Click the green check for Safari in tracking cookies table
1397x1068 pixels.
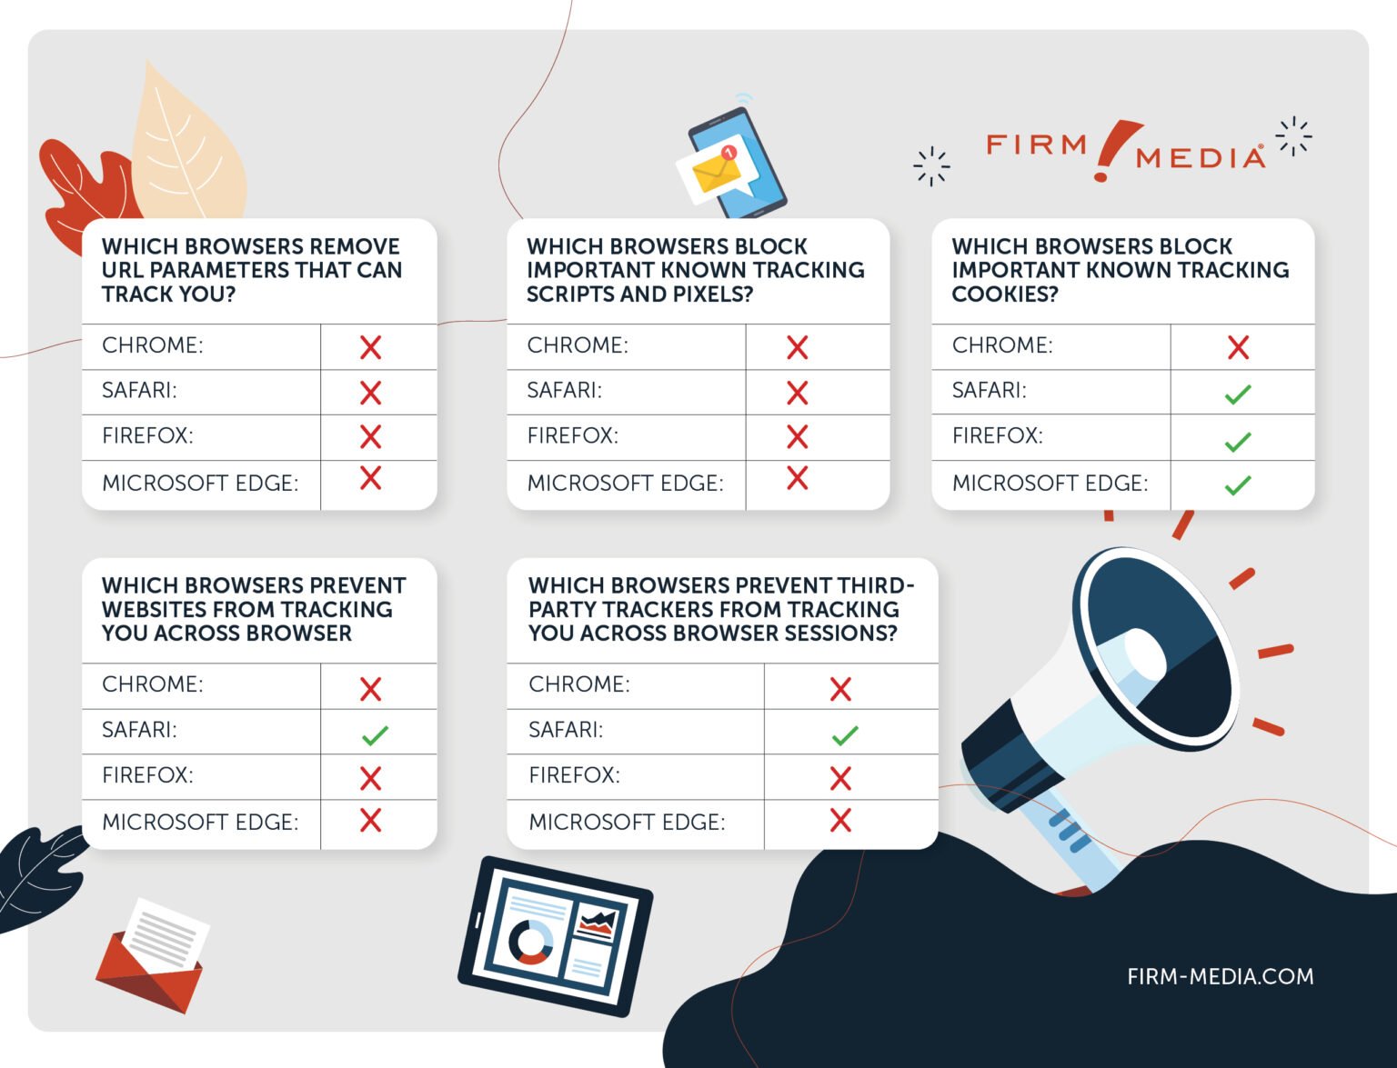[1237, 394]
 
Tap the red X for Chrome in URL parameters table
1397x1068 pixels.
[370, 347]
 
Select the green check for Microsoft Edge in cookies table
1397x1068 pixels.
[1237, 485]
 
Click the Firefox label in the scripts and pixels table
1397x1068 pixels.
[572, 436]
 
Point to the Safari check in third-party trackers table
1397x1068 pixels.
[844, 734]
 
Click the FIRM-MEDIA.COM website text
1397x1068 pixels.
[1220, 976]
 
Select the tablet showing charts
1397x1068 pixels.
[555, 936]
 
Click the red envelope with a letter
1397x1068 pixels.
[151, 959]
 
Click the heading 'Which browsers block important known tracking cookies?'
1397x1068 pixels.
[1120, 270]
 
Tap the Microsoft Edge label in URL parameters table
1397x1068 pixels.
[200, 484]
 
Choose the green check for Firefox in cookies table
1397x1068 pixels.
[1237, 442]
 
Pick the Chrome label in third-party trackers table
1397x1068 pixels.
[578, 684]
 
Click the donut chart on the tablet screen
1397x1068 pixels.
[531, 942]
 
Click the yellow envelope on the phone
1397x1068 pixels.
[714, 171]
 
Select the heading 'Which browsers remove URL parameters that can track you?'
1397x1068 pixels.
[251, 270]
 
